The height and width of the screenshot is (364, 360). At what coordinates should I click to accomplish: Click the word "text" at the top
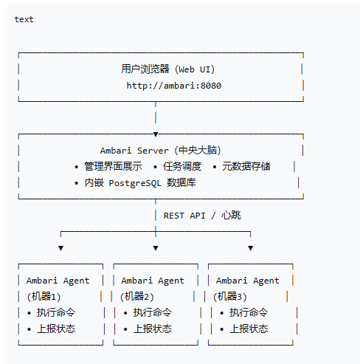24,19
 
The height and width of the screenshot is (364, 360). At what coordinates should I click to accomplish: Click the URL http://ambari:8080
174,86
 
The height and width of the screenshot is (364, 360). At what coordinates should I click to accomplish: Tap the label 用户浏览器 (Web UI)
168,69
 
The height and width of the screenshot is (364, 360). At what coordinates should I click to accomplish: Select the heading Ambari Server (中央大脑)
161,151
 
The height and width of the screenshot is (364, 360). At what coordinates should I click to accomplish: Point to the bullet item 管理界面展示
113,167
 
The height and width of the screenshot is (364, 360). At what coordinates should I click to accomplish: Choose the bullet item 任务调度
182,167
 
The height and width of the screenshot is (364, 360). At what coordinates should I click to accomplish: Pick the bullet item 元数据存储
246,167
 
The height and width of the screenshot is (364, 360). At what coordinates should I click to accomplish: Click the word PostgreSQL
135,183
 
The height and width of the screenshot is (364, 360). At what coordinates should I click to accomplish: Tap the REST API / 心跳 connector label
202,216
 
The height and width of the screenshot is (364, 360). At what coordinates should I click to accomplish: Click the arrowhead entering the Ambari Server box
156,134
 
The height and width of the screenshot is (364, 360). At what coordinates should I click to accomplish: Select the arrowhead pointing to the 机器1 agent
60,248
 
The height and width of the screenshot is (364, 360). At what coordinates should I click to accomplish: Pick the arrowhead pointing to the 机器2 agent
156,248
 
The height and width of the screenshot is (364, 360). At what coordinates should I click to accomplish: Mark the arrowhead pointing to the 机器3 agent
250,248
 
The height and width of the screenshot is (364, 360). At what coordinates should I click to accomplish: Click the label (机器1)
44,297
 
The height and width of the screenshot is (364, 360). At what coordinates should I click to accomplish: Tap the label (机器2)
137,297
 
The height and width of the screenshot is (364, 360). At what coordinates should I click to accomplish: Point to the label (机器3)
230,297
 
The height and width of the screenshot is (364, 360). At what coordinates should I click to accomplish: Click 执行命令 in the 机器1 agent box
56,313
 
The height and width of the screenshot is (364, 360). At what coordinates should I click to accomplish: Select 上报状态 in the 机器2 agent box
153,329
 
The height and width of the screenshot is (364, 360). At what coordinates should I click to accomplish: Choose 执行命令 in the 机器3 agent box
249,313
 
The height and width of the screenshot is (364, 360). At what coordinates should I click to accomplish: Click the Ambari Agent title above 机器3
248,281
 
